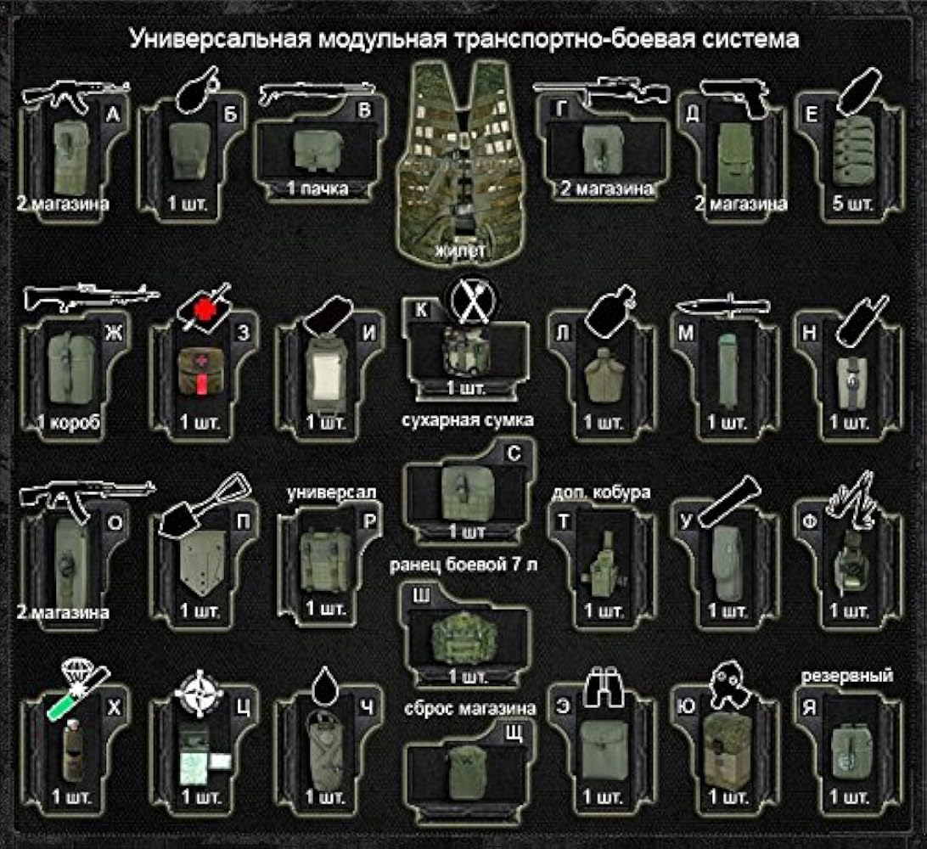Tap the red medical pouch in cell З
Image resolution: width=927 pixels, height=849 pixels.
(197, 373)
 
